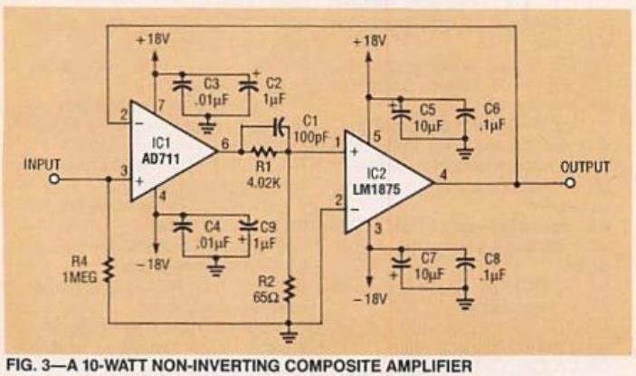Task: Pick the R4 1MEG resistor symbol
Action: pyautogui.click(x=108, y=269)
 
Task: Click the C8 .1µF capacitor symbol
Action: pyautogui.click(x=465, y=263)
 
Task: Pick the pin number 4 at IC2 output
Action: pyautogui.click(x=441, y=172)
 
